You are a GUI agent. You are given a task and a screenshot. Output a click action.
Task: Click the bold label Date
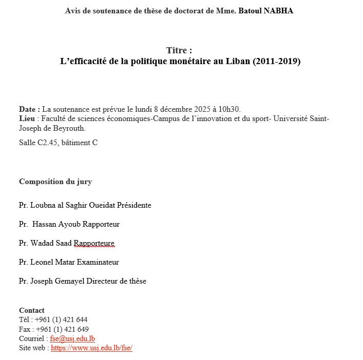tap(29, 109)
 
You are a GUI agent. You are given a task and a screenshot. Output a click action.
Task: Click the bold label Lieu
tap(28, 119)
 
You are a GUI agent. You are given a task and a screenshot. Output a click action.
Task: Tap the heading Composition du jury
tap(55, 182)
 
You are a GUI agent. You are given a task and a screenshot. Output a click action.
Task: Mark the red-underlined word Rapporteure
tap(94, 243)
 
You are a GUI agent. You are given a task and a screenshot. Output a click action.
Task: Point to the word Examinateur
tap(97, 262)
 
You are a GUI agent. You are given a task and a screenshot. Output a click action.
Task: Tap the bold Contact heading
tap(32, 310)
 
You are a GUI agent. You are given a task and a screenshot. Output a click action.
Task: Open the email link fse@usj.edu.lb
tap(72, 338)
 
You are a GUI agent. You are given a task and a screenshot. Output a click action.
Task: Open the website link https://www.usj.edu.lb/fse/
tap(92, 348)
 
